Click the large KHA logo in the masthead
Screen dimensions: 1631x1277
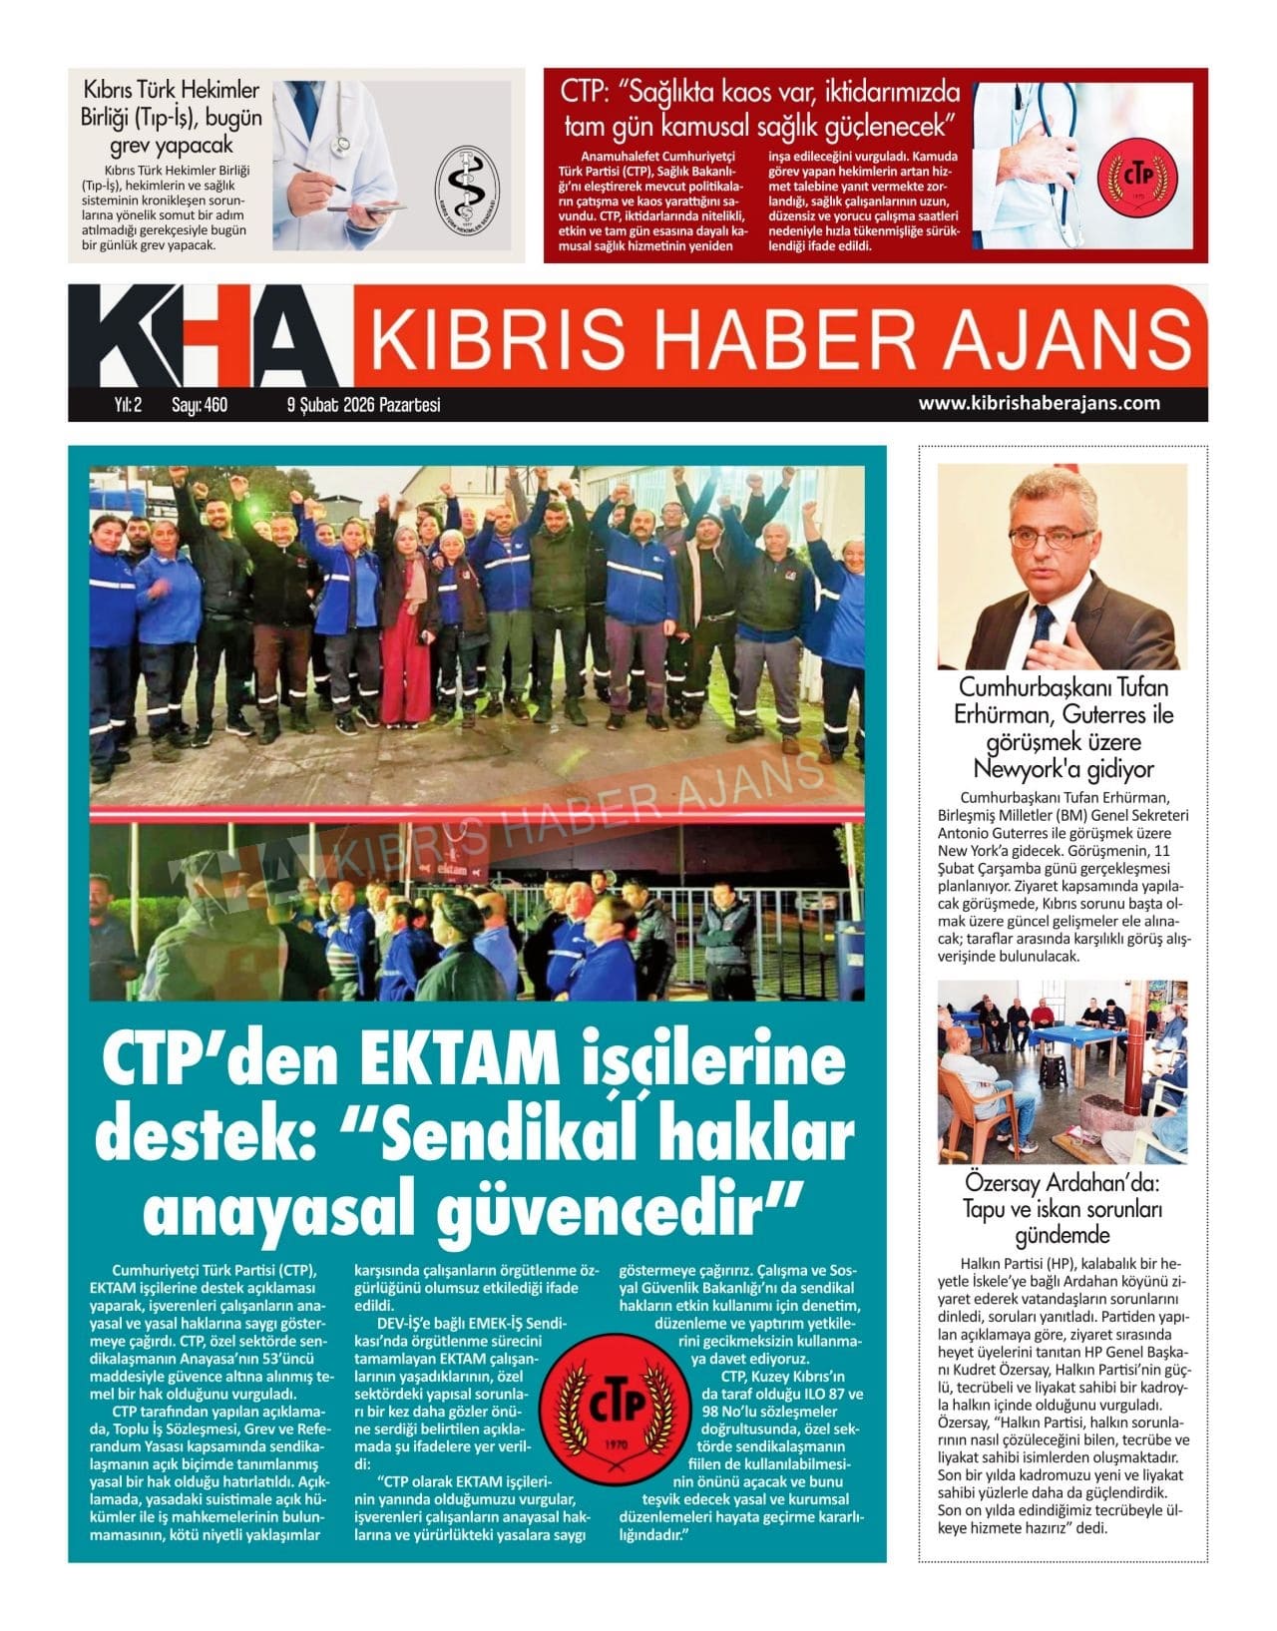[205, 337]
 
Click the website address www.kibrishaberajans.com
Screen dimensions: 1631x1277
[1039, 403]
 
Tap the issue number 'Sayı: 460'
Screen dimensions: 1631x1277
[200, 405]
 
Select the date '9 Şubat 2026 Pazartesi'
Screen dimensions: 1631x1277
[363, 405]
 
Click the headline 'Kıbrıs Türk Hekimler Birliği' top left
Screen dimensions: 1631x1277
[172, 104]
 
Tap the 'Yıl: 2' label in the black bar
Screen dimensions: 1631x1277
[129, 405]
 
